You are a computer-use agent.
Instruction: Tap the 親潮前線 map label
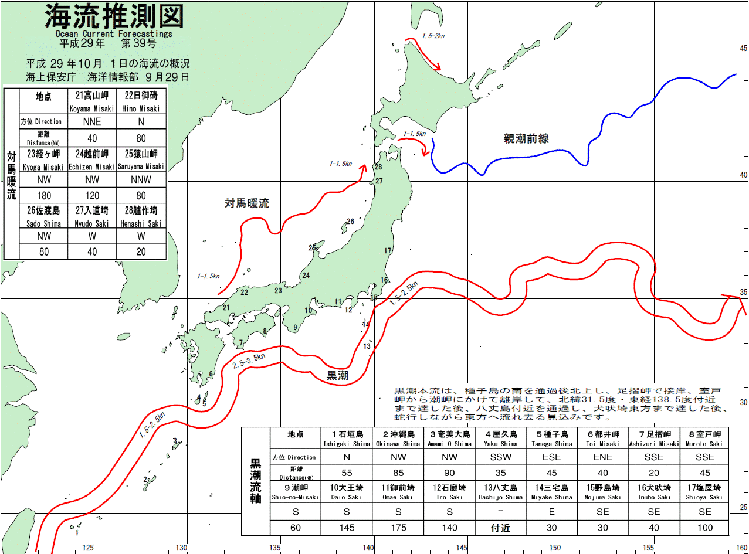tap(526, 139)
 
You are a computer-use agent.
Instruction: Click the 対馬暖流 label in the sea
tap(246, 203)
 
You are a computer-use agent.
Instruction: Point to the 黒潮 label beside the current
tap(337, 376)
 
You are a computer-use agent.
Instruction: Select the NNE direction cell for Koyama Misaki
tap(92, 121)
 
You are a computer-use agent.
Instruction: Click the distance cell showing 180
tap(44, 195)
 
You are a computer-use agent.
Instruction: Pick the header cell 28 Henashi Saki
tap(141, 215)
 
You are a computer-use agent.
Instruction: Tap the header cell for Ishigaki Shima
tap(347, 438)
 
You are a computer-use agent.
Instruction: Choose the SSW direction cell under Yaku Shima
tap(500, 457)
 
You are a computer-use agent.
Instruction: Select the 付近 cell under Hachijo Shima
tap(500, 528)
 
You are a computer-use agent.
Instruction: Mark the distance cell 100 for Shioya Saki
tap(704, 528)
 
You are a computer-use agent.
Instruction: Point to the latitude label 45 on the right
tap(743, 49)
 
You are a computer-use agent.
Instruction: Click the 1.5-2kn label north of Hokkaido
tap(433, 36)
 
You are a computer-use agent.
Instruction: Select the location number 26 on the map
tap(350, 222)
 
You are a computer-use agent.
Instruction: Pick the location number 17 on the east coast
tap(387, 251)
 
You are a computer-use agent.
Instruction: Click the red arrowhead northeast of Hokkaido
tap(437, 68)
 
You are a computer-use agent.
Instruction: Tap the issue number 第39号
tap(138, 43)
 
